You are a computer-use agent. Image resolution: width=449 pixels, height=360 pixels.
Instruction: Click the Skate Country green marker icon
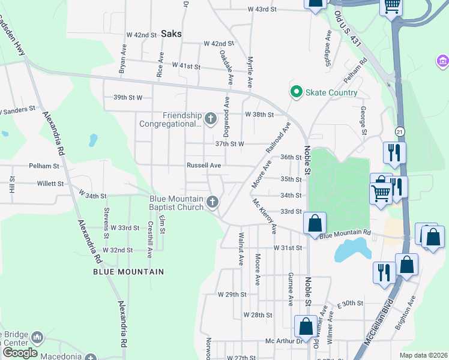(x=295, y=92)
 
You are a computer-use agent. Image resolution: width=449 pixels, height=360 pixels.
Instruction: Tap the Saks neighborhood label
(x=171, y=34)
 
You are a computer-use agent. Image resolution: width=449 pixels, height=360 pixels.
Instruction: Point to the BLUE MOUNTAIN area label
(x=128, y=272)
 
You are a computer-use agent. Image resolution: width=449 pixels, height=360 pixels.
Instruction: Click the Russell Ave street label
(x=204, y=165)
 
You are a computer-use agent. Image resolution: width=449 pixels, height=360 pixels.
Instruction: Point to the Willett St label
(x=50, y=184)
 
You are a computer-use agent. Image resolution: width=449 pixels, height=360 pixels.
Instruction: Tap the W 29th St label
(x=232, y=294)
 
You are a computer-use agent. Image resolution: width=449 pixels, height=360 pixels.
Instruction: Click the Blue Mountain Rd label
(x=345, y=235)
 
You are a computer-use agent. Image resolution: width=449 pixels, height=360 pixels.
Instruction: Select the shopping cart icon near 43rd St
(x=391, y=7)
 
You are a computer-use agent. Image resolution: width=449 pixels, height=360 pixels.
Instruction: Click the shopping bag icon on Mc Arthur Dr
(x=306, y=327)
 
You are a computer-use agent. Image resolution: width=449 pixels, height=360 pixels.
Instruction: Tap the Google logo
(x=20, y=353)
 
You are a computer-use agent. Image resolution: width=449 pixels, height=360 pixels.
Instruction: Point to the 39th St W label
(x=128, y=97)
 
